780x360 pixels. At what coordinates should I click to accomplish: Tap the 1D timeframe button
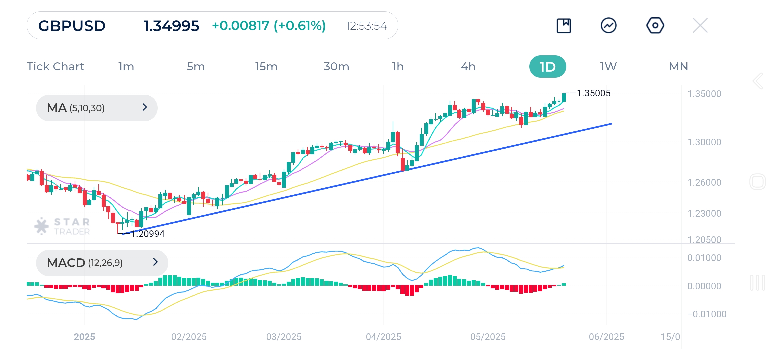click(547, 67)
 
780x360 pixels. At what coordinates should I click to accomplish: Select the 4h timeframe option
click(468, 67)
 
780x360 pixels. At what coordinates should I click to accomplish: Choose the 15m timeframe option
click(266, 67)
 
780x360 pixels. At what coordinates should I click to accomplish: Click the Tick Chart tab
click(55, 67)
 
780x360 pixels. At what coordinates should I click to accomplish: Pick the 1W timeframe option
click(608, 67)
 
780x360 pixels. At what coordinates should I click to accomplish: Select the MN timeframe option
click(678, 67)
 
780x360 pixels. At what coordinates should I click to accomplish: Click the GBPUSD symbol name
click(72, 26)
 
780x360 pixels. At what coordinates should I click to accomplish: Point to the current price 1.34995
click(171, 26)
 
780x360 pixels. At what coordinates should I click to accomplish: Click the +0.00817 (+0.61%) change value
click(269, 26)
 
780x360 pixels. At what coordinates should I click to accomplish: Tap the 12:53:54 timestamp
click(366, 26)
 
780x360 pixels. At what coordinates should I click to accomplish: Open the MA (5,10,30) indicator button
click(97, 108)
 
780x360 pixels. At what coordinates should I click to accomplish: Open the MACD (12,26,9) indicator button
click(102, 263)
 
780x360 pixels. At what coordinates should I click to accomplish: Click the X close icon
click(700, 26)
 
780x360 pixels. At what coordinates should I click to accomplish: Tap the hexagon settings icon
click(655, 26)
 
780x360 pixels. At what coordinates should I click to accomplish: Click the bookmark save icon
click(564, 26)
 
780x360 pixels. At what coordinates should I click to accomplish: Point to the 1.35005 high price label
click(593, 93)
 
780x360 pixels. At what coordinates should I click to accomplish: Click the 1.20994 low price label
click(148, 234)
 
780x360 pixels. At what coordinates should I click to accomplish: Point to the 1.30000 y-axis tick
click(704, 142)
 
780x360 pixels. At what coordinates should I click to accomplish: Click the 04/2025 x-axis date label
click(383, 337)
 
